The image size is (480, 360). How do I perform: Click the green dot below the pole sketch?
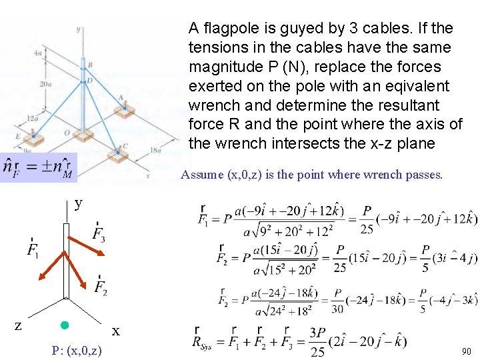pos(65,325)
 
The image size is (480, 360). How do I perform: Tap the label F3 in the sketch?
pos(98,234)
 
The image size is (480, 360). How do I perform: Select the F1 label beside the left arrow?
pos(32,249)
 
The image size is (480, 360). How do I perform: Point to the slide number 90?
pos(466,351)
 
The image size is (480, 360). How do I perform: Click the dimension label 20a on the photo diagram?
pos(45,85)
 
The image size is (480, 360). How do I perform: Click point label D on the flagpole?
pos(89,81)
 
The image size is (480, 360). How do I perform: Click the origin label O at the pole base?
pos(67,132)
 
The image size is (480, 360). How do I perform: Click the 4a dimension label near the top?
pos(38,52)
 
